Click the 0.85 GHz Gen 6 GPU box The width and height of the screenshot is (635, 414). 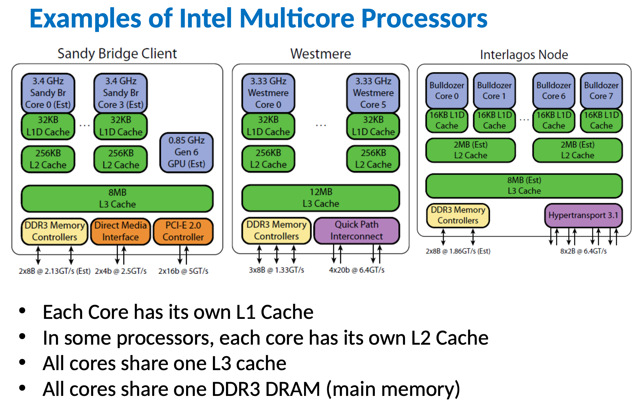click(186, 152)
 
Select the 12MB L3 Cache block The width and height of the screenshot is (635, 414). click(321, 198)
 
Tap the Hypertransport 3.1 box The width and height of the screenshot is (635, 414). click(583, 215)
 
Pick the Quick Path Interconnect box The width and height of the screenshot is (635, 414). click(356, 230)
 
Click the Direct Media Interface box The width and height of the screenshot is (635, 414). click(120, 231)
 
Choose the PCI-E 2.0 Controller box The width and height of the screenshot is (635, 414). click(183, 231)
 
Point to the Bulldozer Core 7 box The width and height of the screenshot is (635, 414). click(601, 91)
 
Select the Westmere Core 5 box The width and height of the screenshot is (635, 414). click(373, 93)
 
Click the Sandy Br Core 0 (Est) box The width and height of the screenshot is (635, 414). click(48, 93)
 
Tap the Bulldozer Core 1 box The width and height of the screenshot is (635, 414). click(494, 91)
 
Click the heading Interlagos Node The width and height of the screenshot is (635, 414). click(524, 55)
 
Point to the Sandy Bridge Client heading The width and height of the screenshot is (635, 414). click(117, 54)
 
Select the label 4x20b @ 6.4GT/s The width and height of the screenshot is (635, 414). click(356, 270)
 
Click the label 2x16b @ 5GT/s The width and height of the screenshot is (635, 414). click(183, 271)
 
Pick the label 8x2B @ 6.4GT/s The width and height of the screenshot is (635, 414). click(583, 251)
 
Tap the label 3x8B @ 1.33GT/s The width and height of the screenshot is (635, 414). click(276, 270)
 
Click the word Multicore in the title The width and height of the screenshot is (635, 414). click(297, 18)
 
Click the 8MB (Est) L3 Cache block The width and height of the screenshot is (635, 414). click(524, 186)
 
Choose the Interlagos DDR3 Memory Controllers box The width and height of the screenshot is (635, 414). click(458, 215)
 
